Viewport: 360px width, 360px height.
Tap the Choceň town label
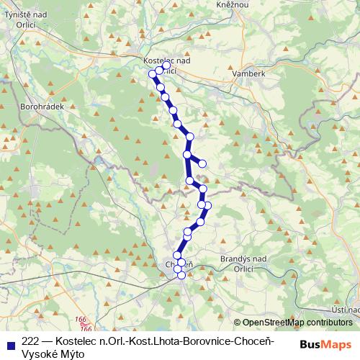[179, 265]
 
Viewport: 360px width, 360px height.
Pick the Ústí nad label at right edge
[347, 310]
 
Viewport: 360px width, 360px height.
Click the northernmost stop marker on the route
[166, 66]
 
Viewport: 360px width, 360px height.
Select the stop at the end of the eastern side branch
[202, 164]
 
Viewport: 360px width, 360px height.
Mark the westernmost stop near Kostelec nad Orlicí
[152, 73]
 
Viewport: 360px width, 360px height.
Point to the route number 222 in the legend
[31, 339]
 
